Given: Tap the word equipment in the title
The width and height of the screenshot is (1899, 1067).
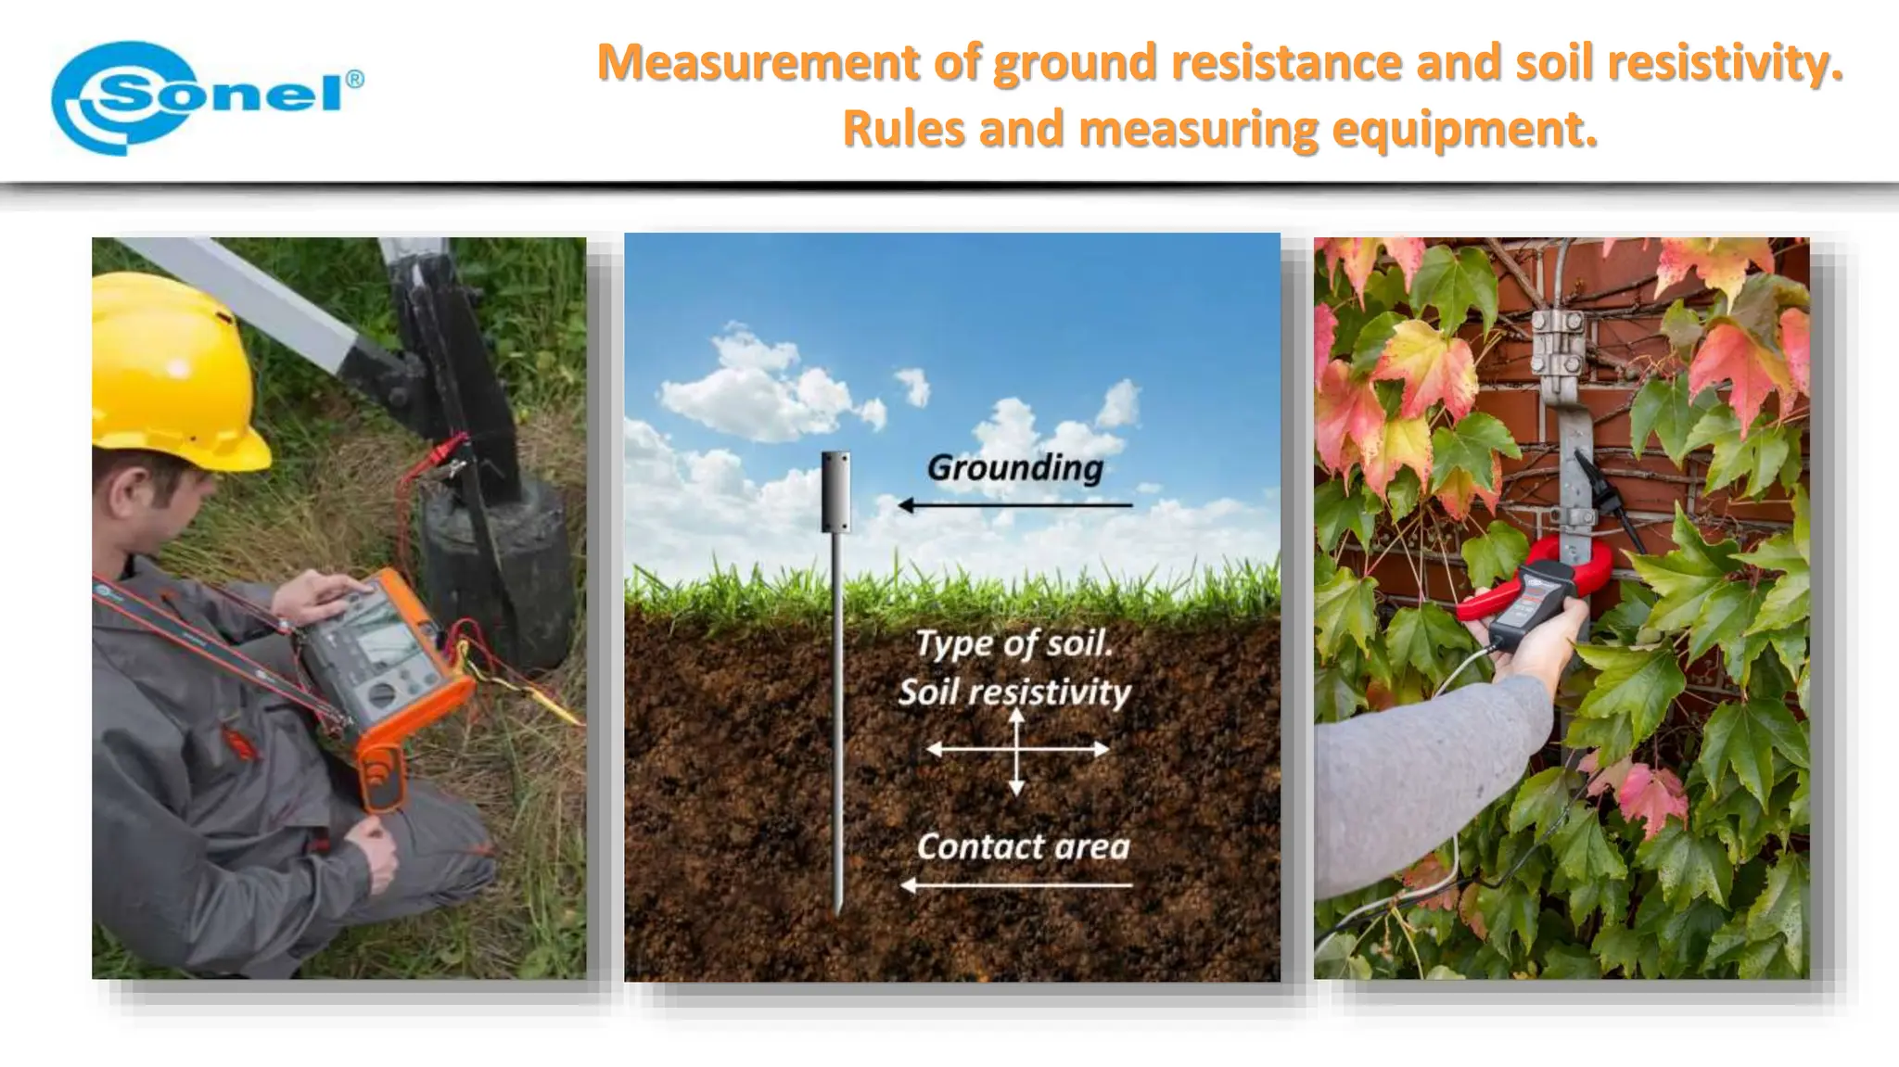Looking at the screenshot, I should click(1464, 129).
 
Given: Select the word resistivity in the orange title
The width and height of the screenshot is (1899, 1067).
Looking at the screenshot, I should click(1725, 63).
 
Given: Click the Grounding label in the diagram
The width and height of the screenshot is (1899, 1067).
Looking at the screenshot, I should click(1014, 467).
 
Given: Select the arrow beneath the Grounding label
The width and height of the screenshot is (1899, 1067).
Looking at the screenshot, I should click(1014, 505).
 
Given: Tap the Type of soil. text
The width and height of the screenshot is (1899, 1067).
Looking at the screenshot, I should click(1013, 643).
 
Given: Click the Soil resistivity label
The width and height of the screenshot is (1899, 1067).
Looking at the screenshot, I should click(1014, 692).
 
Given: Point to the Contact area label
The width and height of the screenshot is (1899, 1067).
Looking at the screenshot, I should click(1023, 846).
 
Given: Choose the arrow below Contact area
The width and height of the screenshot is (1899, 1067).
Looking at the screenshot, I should click(1016, 885).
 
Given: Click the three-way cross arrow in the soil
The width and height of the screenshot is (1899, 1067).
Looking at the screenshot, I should click(1017, 749).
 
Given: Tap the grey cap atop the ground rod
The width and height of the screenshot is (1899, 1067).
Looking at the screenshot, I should click(836, 491).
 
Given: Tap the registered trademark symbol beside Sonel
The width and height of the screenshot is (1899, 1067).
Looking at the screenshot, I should click(354, 80).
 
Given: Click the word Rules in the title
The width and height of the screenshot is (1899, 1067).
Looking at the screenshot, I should click(903, 129).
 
